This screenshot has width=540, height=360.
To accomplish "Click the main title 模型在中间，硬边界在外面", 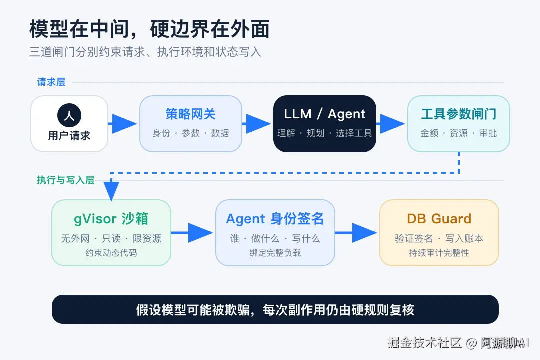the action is tap(150, 29).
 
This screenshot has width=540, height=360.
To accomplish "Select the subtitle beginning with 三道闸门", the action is tap(145, 52).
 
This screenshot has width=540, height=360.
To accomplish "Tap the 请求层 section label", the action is tap(51, 82).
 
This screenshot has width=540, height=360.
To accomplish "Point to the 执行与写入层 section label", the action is tap(66, 180).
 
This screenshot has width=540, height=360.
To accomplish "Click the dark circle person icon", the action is tap(69, 115).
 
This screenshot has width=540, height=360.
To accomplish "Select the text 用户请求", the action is tap(69, 135).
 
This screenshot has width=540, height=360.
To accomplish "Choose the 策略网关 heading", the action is tap(191, 114).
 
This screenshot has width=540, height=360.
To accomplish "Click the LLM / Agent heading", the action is tap(325, 114).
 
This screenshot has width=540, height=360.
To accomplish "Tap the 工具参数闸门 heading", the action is tap(458, 114).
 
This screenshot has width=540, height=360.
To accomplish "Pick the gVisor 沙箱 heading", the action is tap(111, 219).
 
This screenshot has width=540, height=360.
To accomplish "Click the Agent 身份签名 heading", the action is tap(275, 219).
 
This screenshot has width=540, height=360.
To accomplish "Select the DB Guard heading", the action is tap(439, 219).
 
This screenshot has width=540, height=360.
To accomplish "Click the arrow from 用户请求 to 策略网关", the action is tap(122, 124).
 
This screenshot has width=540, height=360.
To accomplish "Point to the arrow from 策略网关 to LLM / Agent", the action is tap(256, 124).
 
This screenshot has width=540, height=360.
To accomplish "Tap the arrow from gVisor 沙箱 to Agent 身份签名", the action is tap(192, 233).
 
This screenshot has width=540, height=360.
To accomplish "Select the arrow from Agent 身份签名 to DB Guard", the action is tap(356, 233).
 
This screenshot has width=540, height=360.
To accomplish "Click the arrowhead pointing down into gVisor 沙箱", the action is tap(111, 191).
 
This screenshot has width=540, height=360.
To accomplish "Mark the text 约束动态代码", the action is tap(111, 253).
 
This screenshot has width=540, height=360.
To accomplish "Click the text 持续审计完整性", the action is tap(439, 253).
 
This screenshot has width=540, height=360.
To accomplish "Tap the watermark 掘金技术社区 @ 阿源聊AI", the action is tap(458, 343).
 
